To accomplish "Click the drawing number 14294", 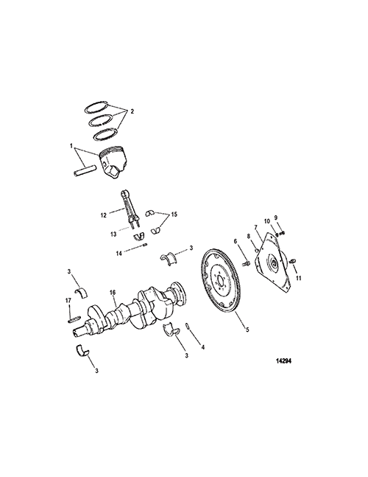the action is pyautogui.click(x=283, y=361).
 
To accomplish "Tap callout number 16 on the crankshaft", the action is pyautogui.click(x=113, y=293).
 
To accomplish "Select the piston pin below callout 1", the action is pyautogui.click(x=85, y=170).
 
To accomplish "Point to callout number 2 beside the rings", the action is pyautogui.click(x=132, y=111).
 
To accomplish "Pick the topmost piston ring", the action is pyautogui.click(x=96, y=106).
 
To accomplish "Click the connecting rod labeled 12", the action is pyautogui.click(x=130, y=208).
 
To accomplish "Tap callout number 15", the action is pyautogui.click(x=174, y=215).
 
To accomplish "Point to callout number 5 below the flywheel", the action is pyautogui.click(x=247, y=329).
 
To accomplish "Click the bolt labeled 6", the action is pyautogui.click(x=246, y=262).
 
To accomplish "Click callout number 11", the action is pyautogui.click(x=299, y=278).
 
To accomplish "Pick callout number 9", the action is pyautogui.click(x=276, y=217).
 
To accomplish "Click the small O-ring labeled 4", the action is pyautogui.click(x=188, y=326).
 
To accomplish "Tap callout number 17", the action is pyautogui.click(x=68, y=301).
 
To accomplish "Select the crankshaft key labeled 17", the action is pyautogui.click(x=74, y=318).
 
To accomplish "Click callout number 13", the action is pyautogui.click(x=113, y=234).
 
